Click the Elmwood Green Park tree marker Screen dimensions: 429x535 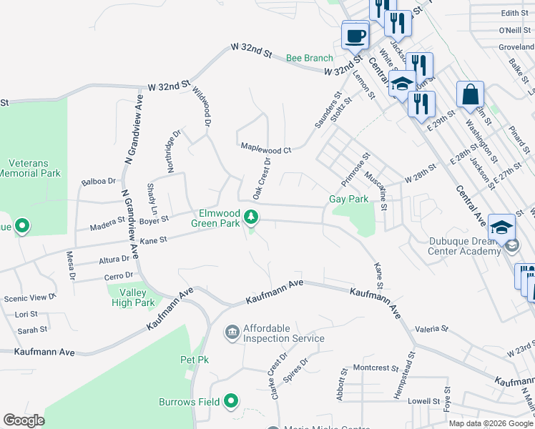pos(250,216)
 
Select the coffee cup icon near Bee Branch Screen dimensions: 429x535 pos(355,35)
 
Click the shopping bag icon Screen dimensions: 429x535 pos(470,95)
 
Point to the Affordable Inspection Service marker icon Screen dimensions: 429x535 pos(232,332)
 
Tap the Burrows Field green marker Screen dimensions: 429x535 pos(230,402)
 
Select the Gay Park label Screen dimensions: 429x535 pos(348,199)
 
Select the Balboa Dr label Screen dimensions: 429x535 pos(99,182)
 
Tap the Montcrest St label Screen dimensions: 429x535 pos(376,368)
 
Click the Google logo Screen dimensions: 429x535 pos(24,420)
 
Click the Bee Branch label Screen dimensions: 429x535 pos(310,58)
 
